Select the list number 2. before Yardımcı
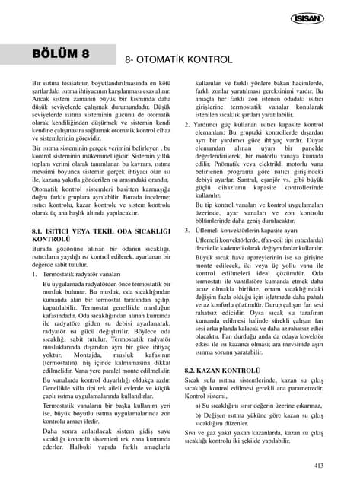188,123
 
